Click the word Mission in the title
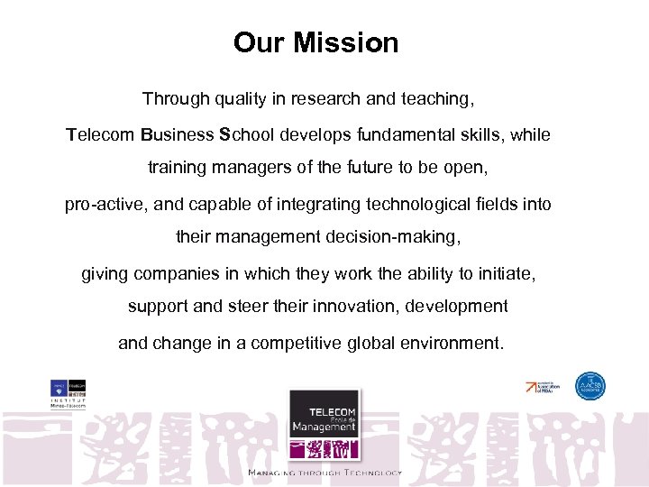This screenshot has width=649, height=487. point(352,42)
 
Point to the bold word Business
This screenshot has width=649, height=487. point(178,135)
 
